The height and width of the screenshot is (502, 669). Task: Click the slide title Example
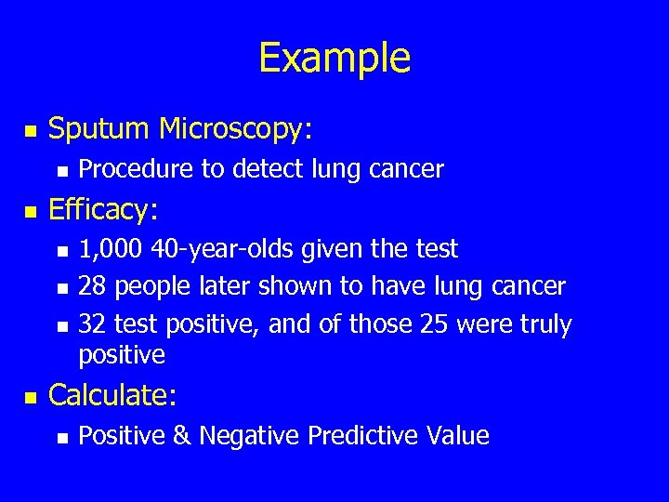click(334, 58)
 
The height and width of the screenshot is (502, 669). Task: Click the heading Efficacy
click(103, 210)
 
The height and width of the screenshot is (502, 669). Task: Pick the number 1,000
click(106, 249)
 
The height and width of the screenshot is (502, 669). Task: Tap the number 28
click(91, 286)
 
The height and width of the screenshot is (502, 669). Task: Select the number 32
click(91, 324)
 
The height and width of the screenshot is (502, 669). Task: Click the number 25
click(429, 324)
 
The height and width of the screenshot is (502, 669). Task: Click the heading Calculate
click(111, 395)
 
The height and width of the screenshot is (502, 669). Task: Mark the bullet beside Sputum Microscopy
click(28, 132)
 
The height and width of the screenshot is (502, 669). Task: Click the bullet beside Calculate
click(28, 398)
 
